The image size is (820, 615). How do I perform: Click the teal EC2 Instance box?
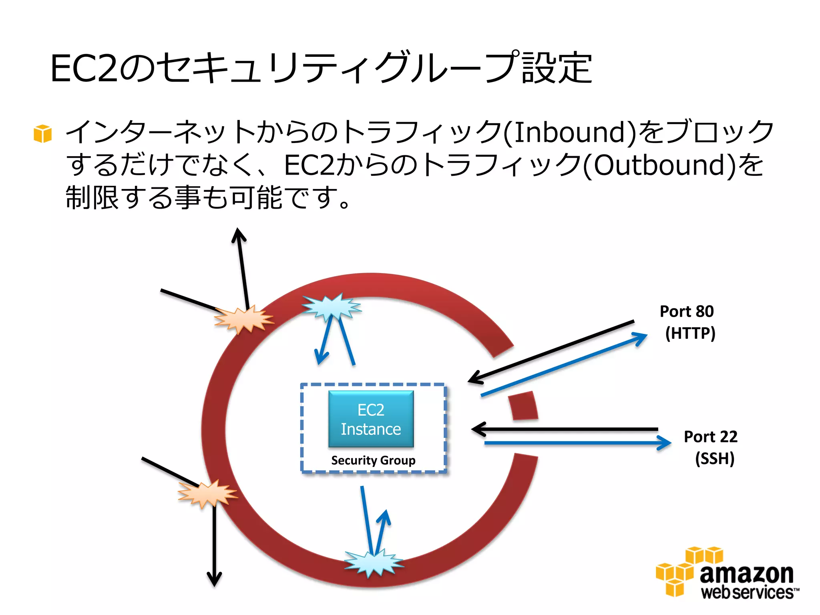tap(371, 419)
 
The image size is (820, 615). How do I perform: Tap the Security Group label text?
tap(373, 460)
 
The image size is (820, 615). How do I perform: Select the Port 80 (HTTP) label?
tap(688, 322)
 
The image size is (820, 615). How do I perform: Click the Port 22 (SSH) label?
tap(711, 447)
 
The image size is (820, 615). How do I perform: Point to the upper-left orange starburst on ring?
tap(243, 320)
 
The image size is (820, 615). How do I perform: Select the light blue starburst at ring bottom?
tap(374, 563)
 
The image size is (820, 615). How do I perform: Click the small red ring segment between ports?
tap(523, 406)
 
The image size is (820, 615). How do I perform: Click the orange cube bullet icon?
tap(43, 133)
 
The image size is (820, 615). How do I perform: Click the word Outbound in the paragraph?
tap(659, 165)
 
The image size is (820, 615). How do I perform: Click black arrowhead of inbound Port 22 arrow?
tap(477, 429)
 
